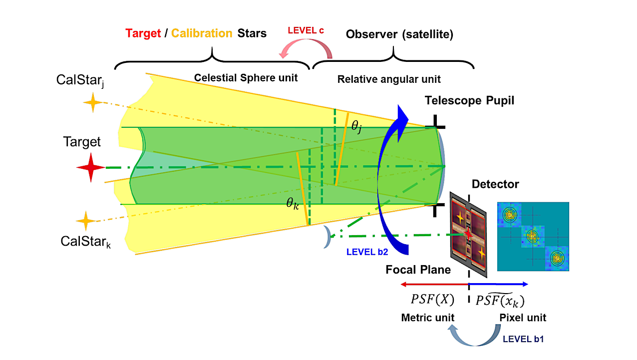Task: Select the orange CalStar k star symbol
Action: coord(85,221)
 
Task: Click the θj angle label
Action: coord(356,126)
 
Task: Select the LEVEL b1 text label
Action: coord(523,339)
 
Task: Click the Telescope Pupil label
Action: coord(469,100)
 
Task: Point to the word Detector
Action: coord(495,184)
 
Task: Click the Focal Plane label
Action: coord(418,270)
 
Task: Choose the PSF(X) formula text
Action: coord(432,300)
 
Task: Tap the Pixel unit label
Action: coord(523,318)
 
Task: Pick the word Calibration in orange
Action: coord(202,33)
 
